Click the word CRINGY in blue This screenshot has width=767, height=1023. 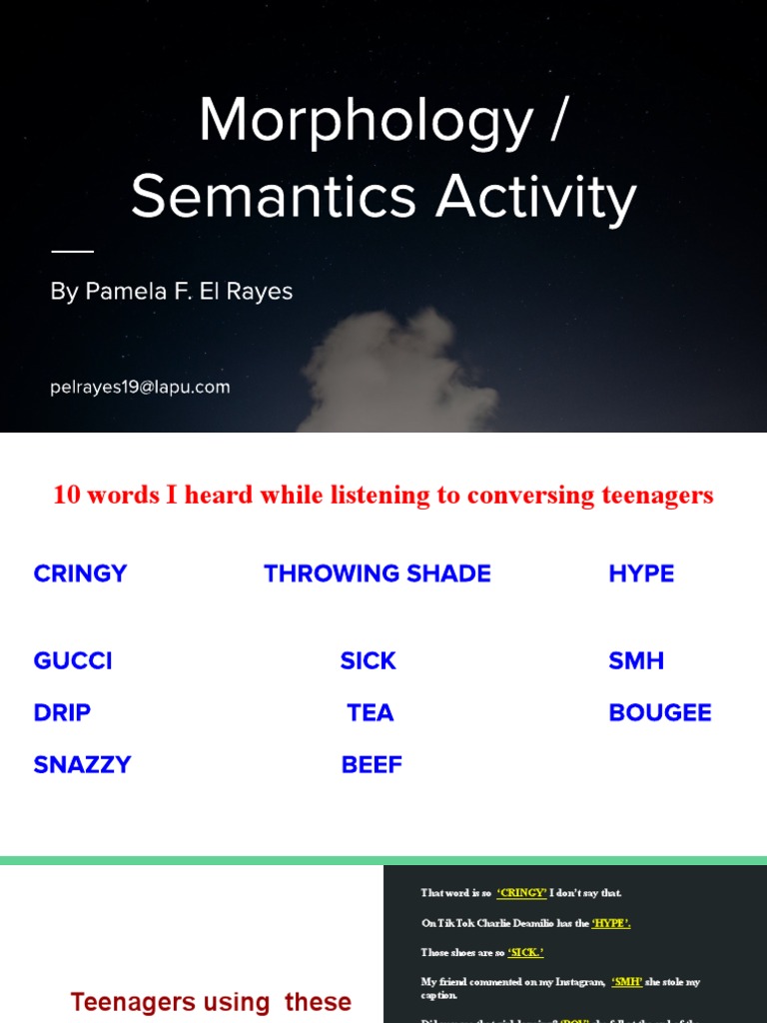coord(80,573)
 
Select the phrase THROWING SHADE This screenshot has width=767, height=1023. coord(378,573)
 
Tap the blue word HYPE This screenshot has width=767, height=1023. coord(641,573)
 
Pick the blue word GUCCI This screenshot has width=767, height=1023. coord(73,660)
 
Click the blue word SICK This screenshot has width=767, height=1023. coord(369,660)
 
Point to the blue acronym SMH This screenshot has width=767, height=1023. coord(636,660)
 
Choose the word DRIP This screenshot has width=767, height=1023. coord(62,712)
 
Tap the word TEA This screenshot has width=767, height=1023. coord(371,712)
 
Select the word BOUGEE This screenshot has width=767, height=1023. coord(660,712)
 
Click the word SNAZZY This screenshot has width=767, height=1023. coord(82,764)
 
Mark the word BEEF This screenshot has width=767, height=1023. coord(372,764)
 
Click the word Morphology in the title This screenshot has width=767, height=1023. coord(366,122)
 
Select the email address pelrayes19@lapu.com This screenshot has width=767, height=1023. coord(140,387)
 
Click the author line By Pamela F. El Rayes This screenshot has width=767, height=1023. coord(172,292)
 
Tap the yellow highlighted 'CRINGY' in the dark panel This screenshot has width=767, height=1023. coord(522,893)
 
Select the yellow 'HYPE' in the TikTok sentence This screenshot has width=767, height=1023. coord(611,923)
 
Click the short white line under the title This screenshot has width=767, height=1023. coord(72,251)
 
